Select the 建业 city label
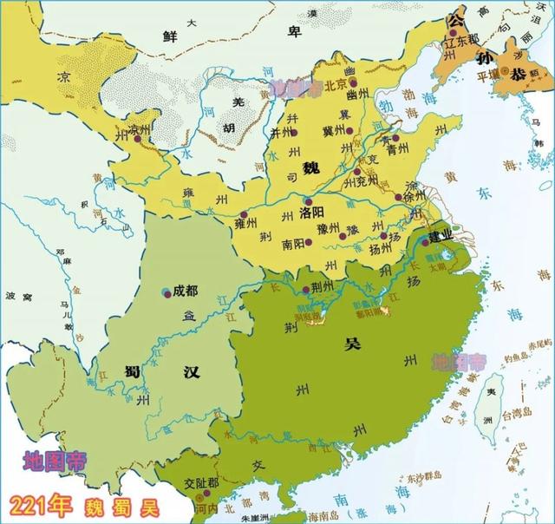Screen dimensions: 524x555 440,234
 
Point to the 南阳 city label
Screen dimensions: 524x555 293,246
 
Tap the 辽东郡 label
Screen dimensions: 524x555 461,42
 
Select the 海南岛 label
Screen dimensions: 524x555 317,516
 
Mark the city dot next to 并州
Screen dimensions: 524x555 294,133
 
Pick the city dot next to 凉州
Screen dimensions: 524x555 121,131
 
